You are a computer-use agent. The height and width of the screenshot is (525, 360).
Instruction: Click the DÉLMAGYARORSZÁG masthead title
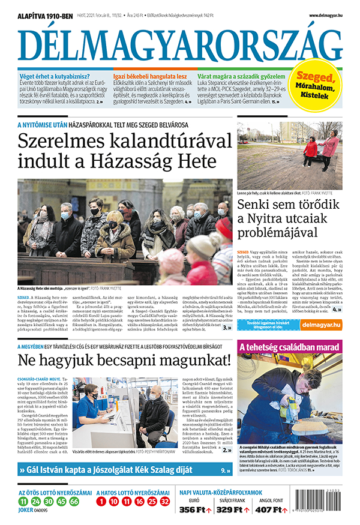click(179, 43)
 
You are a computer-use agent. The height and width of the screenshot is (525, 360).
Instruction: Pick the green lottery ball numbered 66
click(74, 501)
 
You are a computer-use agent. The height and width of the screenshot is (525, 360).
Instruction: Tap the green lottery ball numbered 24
click(35, 501)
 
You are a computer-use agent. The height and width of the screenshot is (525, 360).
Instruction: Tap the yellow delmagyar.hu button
click(322, 325)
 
